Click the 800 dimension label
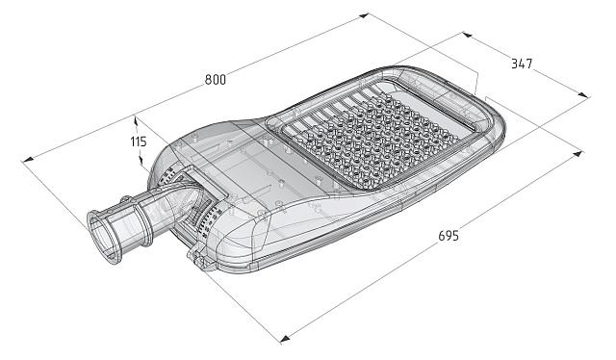click(x=216, y=80)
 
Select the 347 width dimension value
click(x=522, y=64)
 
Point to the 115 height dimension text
click(x=138, y=141)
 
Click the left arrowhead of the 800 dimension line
click(x=28, y=160)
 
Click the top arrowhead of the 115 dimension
click(x=137, y=119)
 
